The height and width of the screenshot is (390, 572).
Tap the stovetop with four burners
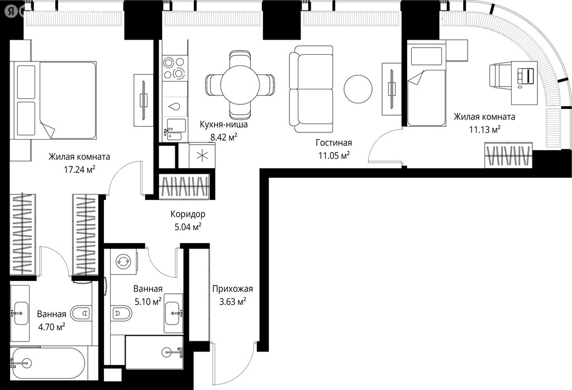(174, 68)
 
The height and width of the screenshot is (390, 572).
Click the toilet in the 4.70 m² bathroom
(81, 313)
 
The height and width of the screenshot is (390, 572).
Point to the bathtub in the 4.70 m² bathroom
(48, 363)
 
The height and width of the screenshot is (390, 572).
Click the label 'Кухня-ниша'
(223, 125)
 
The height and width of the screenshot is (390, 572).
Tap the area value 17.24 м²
(79, 169)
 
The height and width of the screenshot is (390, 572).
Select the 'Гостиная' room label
(334, 142)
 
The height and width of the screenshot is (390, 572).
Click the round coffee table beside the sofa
(358, 89)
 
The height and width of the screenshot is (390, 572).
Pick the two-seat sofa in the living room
(311, 89)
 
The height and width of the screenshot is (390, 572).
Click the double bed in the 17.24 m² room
(55, 101)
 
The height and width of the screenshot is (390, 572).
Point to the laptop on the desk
(526, 75)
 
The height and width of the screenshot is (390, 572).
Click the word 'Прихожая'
(232, 289)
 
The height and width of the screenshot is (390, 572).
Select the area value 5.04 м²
(188, 227)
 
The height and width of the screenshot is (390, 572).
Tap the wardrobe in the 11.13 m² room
(508, 156)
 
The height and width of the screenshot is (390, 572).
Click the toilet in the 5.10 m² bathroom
(122, 313)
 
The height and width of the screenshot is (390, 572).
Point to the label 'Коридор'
(188, 214)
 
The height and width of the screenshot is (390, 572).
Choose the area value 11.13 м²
(484, 130)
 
